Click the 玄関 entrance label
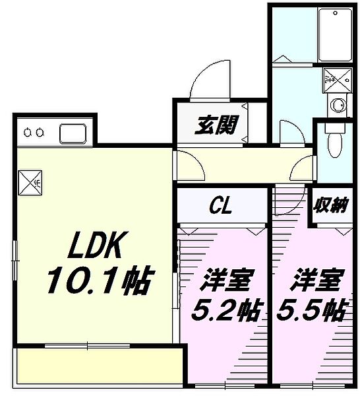point(216,125)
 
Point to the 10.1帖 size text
point(97,282)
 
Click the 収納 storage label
point(331,205)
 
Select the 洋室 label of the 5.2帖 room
point(224,280)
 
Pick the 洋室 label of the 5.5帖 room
point(315,280)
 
